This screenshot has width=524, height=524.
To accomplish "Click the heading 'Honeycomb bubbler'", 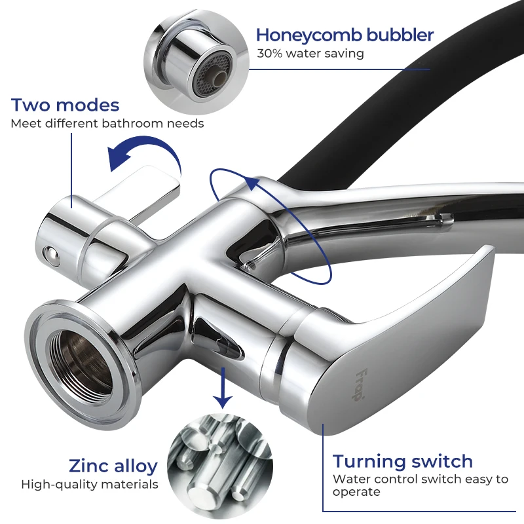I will pos(345,35).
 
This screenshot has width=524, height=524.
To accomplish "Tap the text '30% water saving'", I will pos(310,54).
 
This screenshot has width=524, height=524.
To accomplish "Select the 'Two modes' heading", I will pos(65,105).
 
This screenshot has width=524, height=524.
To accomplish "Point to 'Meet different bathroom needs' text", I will pos(107,123).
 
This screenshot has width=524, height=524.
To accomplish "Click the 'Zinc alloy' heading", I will pos(113,466).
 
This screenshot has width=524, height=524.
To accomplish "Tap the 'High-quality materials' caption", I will pos(90,485).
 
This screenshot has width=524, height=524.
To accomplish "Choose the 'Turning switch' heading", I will pos(402,461).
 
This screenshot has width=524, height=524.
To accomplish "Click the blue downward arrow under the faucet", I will pos(223,386).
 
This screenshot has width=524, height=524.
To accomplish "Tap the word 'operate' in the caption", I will pos(356,492).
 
